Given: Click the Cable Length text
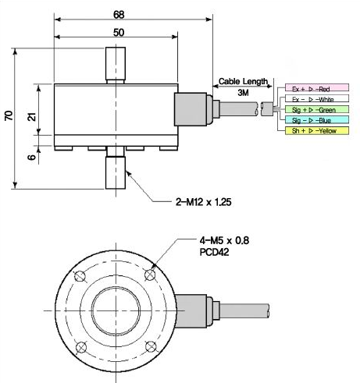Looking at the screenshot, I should coord(243,81).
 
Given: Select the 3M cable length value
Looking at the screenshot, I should coord(243,93).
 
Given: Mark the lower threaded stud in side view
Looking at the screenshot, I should coord(115,170).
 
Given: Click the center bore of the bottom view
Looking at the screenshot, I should coord(115,310).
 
